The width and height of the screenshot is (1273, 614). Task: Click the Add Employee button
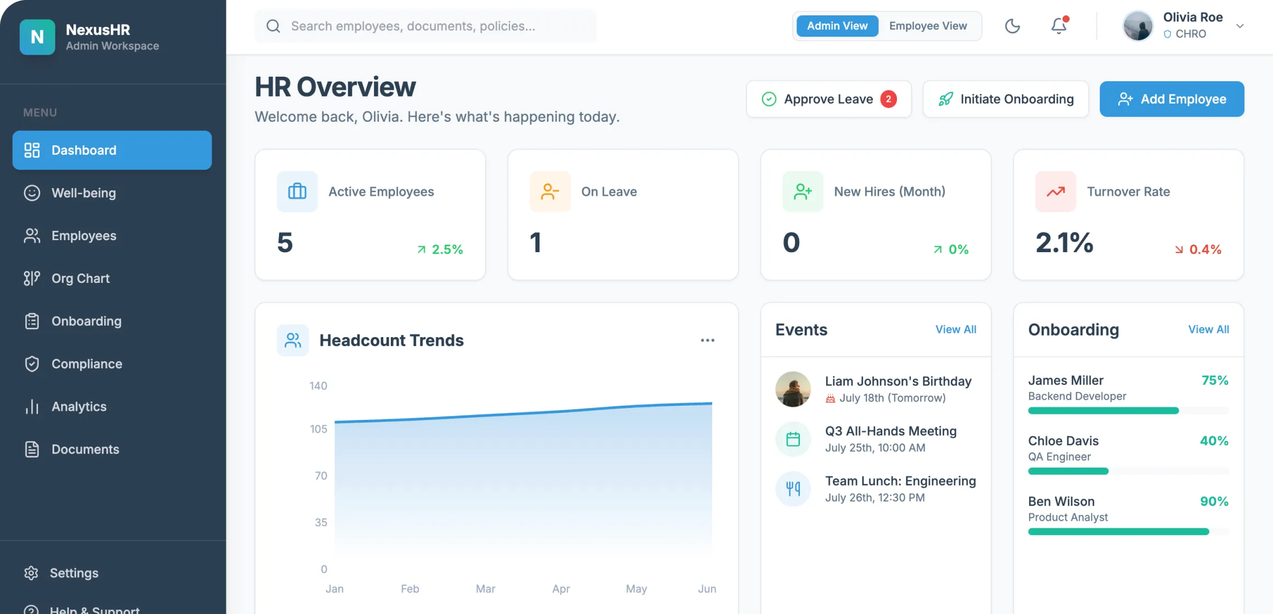tap(1172, 99)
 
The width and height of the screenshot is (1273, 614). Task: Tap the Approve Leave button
tap(828, 99)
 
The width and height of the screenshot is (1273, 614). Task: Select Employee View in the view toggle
tap(928, 26)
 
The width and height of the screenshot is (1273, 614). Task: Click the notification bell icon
tap(1059, 26)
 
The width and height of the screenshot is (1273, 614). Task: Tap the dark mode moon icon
tap(1012, 26)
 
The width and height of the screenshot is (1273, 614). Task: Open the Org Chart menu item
tap(81, 278)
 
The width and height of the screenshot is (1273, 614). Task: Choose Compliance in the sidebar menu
tap(87, 364)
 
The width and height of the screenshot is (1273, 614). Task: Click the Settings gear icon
tap(31, 573)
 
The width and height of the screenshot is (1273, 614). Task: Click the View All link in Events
tap(956, 329)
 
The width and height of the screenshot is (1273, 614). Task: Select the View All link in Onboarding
tap(1208, 329)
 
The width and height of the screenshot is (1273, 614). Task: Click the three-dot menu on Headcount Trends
tap(707, 340)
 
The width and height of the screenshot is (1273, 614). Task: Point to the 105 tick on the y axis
tap(319, 429)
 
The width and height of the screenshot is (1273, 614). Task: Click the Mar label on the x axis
tap(485, 589)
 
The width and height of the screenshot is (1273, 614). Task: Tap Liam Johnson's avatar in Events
tap(793, 389)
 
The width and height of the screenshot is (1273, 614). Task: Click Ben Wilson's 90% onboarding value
tap(1214, 502)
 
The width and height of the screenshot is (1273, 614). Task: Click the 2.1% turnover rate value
tap(1064, 243)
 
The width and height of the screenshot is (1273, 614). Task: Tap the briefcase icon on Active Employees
tap(297, 191)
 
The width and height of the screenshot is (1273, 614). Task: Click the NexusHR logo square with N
tap(37, 37)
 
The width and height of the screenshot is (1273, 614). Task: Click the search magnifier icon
tap(273, 26)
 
